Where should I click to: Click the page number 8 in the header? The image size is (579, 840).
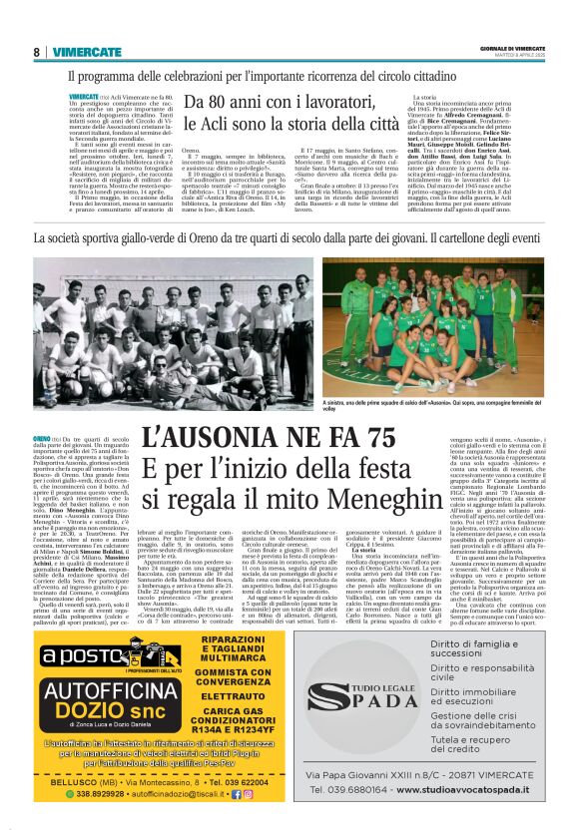pyautogui.click(x=37, y=52)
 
